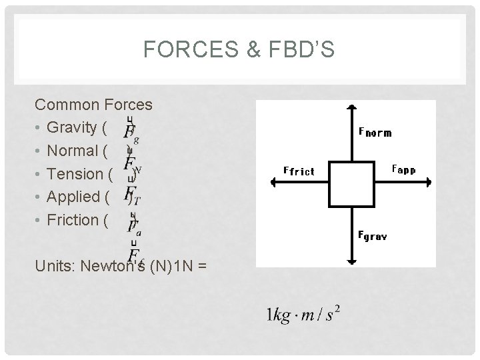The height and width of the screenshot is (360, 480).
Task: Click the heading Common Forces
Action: tap(93, 105)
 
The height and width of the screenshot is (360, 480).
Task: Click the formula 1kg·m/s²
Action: tap(303, 313)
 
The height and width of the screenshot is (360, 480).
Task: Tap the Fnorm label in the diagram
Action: tap(375, 132)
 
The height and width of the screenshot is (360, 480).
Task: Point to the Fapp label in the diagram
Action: tap(403, 169)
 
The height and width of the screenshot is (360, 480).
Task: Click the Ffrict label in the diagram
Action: tap(299, 171)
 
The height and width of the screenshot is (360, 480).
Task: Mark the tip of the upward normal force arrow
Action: tap(351, 106)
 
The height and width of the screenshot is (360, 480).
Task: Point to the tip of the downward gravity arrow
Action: tap(351, 262)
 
